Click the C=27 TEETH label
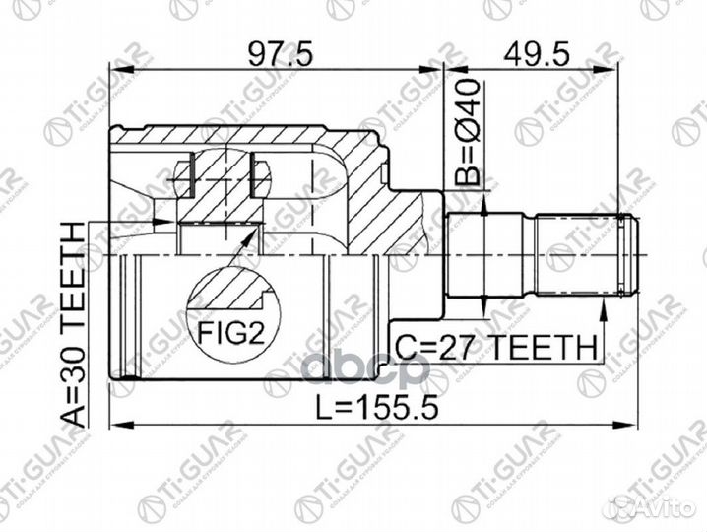[497, 346]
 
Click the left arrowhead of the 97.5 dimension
[115, 70]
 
